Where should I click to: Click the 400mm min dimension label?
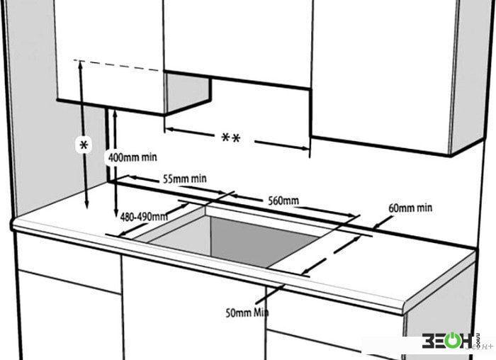click(x=133, y=157)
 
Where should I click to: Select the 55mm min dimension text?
click(x=185, y=179)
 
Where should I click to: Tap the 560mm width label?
click(x=283, y=201)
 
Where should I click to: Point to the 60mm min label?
click(x=410, y=208)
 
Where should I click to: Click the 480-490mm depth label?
click(x=144, y=217)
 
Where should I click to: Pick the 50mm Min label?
click(x=247, y=313)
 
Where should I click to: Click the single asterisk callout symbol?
click(x=84, y=145)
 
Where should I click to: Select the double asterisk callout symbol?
click(x=230, y=138)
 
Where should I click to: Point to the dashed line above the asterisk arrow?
click(x=117, y=65)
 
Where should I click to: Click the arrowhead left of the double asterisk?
click(x=170, y=130)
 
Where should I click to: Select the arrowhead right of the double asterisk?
click(x=305, y=148)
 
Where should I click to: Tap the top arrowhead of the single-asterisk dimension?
click(x=81, y=65)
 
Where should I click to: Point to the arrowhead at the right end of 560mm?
click(x=353, y=215)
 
